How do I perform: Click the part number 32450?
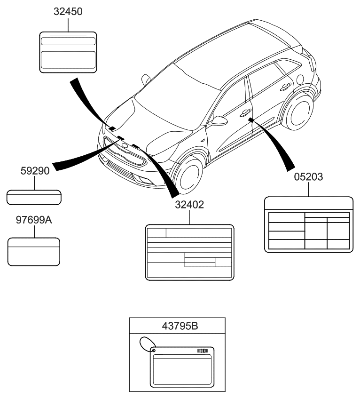click(x=68, y=12)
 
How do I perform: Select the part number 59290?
click(x=34, y=171)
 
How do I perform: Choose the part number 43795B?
click(x=177, y=325)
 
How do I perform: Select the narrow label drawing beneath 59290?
click(x=34, y=197)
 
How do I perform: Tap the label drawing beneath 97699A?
click(x=34, y=252)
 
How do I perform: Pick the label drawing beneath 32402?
click(x=190, y=253)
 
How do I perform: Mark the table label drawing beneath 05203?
click(x=309, y=225)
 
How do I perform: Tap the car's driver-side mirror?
click(x=218, y=121)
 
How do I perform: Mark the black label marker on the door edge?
click(x=251, y=120)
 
